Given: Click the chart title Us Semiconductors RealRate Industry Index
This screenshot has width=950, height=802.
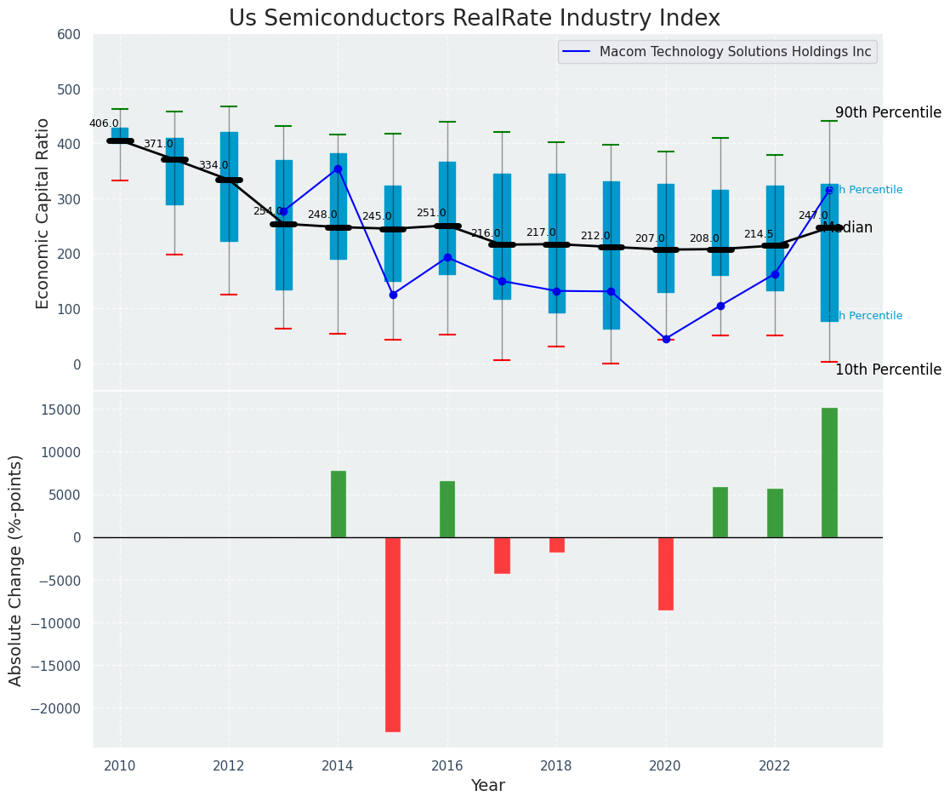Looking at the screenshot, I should pyautogui.click(x=475, y=19).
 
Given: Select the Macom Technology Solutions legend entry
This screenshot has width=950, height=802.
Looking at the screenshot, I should pyautogui.click(x=735, y=52).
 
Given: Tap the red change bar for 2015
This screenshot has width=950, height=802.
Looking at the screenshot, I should pyautogui.click(x=393, y=634).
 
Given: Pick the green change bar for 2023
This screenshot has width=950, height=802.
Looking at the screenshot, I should pyautogui.click(x=829, y=473).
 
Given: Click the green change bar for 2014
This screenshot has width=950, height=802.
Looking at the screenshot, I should pyautogui.click(x=338, y=504).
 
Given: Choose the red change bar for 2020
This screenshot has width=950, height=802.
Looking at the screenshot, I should pyautogui.click(x=666, y=573).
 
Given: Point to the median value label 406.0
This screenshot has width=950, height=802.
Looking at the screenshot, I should pyautogui.click(x=104, y=123).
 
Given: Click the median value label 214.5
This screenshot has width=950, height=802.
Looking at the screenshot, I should pyautogui.click(x=759, y=234).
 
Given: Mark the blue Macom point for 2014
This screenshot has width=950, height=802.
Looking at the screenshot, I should pyautogui.click(x=338, y=169).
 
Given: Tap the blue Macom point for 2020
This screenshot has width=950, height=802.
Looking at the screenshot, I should pyautogui.click(x=666, y=339).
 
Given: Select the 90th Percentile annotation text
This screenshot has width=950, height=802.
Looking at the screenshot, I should pyautogui.click(x=888, y=112).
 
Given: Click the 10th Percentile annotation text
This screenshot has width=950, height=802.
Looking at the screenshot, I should pyautogui.click(x=888, y=369).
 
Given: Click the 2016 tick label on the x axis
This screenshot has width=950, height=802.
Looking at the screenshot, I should pyautogui.click(x=447, y=765).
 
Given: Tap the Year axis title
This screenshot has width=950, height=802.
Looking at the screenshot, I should pyautogui.click(x=488, y=786).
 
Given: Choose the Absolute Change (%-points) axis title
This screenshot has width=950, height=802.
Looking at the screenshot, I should pyautogui.click(x=16, y=570).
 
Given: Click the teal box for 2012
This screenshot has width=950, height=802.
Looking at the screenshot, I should pyautogui.click(x=229, y=186).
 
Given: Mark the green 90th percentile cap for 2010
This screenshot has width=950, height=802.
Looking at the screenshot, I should pyautogui.click(x=120, y=109).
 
